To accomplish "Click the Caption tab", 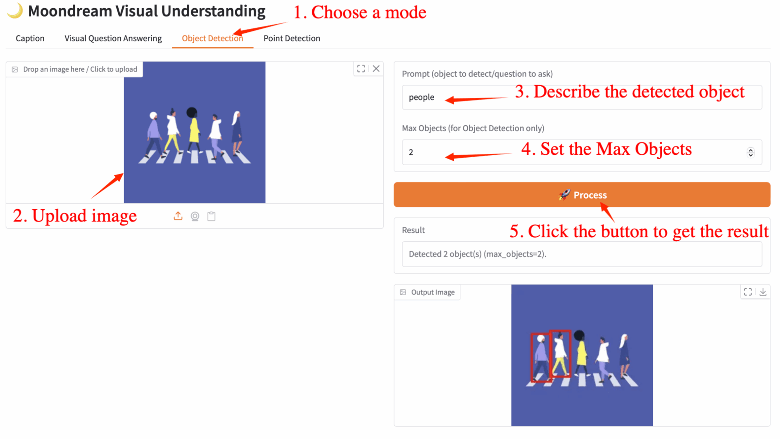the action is (30, 38).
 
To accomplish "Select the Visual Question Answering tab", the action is (113, 38).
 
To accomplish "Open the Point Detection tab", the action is (292, 38).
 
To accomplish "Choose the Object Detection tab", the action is (212, 38).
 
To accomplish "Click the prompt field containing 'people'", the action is (581, 97).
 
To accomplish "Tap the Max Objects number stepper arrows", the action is (750, 152).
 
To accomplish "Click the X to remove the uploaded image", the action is (376, 69).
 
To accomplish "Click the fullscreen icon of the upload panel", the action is (361, 69).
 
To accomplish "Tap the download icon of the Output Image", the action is (763, 292).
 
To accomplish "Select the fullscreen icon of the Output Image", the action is (748, 292).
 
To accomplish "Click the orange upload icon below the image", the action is (178, 216).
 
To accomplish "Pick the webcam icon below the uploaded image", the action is (195, 216).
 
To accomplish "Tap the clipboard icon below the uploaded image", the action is (212, 216).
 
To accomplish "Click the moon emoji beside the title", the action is (15, 11).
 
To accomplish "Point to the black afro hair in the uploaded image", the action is (191, 112).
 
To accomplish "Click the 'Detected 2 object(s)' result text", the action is (477, 254).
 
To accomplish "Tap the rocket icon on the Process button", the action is (564, 195).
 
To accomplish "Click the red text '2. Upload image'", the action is (75, 216).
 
